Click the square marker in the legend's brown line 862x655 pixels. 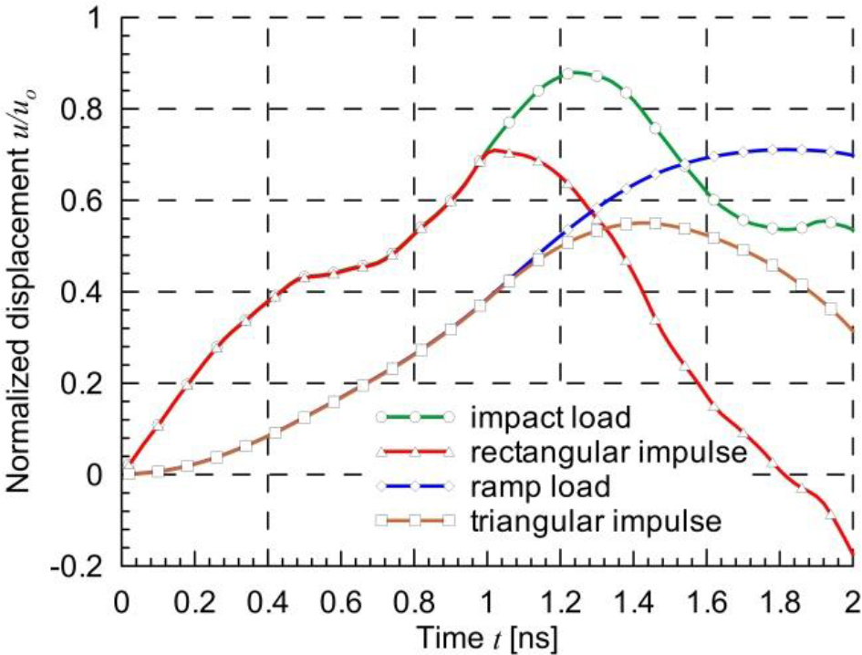[414, 520]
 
